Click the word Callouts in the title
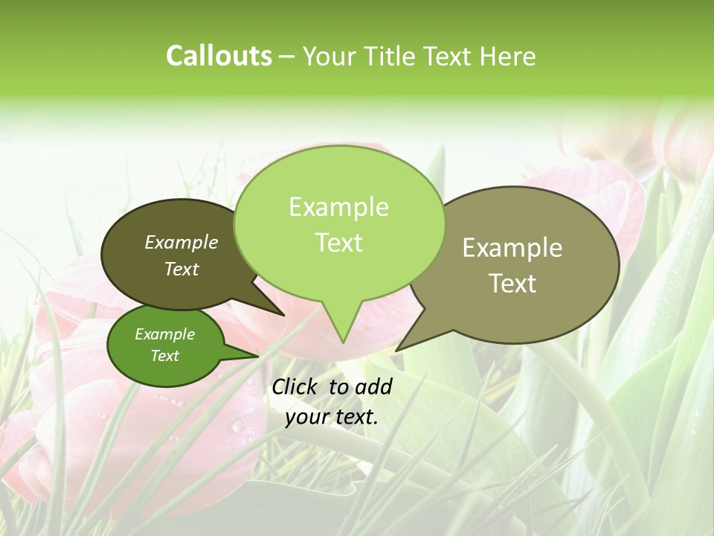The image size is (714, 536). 219,57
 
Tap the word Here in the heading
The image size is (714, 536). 508,57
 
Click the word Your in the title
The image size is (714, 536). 329,57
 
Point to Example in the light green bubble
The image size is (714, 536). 338,207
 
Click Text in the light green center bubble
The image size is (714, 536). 338,243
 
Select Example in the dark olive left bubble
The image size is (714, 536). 181,242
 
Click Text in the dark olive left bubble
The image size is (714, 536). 181,269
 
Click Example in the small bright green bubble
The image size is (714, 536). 164,334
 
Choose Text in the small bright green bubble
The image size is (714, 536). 164,356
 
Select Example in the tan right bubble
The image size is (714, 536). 512,248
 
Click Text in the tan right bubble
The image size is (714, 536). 512,284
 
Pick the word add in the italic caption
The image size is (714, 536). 374,386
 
